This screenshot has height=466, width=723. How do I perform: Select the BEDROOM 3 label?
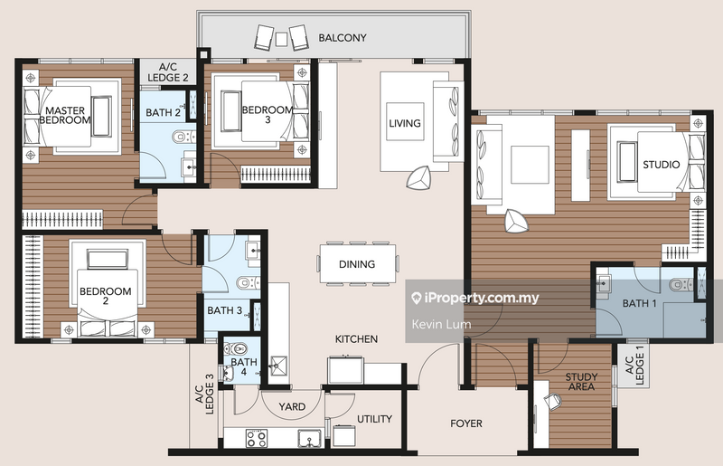point(268,115)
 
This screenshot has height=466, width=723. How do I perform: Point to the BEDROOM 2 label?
point(106,297)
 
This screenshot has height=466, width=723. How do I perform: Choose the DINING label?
point(358,264)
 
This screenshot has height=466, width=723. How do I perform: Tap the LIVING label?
point(405,124)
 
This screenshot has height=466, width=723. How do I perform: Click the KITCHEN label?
point(356,339)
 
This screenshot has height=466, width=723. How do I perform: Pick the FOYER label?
point(466,423)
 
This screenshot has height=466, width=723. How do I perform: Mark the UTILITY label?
point(374,420)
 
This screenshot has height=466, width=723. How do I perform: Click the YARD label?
point(292,407)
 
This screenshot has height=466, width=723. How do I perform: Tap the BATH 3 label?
point(224,310)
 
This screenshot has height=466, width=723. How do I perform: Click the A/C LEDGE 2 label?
point(168,72)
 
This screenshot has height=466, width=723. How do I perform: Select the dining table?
point(359,263)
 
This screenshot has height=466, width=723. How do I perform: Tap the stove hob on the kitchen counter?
point(257,439)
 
